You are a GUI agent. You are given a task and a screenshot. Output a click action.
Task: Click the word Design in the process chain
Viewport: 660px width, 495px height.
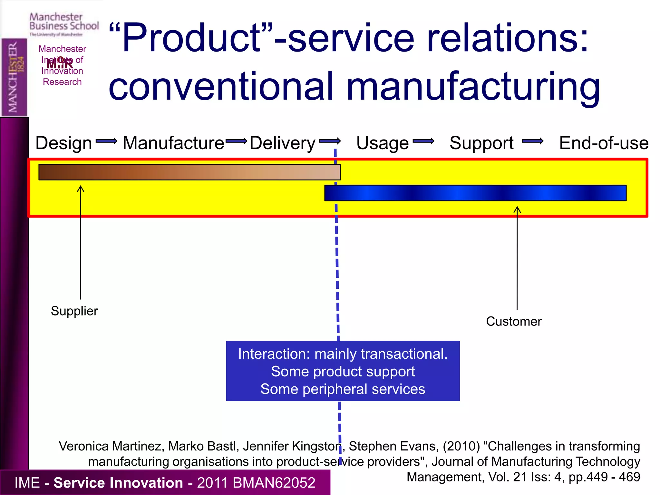pos(63,143)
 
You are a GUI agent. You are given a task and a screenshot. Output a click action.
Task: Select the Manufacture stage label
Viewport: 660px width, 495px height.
pos(173,143)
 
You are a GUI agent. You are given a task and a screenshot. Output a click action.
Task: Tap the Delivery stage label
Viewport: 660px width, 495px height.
pos(282,143)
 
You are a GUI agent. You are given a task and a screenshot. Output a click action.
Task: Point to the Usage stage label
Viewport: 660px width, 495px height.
pos(382,143)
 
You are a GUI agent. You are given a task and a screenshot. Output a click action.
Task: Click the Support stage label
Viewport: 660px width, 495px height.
pos(481,143)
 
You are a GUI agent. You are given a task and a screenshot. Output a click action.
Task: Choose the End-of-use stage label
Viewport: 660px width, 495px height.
pos(604,143)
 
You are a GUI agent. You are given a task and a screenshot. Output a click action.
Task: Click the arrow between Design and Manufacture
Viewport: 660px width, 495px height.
pos(107,141)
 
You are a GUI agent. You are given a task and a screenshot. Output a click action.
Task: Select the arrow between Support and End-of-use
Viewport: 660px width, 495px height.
pos(532,141)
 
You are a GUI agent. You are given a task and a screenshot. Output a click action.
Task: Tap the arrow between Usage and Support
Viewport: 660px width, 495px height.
pos(423,141)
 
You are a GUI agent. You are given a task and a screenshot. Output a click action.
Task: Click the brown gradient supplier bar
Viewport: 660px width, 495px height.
pos(189,172)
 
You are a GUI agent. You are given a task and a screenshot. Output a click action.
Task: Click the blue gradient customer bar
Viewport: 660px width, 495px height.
pos(475,193)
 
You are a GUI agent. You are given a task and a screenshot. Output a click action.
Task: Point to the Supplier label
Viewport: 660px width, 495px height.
pos(74,311)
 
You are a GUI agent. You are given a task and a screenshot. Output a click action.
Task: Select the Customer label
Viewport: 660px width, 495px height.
pos(514,321)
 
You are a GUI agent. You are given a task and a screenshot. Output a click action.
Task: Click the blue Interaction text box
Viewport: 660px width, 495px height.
pos(343,371)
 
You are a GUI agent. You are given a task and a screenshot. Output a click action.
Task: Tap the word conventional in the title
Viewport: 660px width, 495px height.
pos(221,86)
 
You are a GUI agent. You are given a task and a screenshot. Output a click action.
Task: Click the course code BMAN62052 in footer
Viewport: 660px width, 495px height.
pos(274,483)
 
